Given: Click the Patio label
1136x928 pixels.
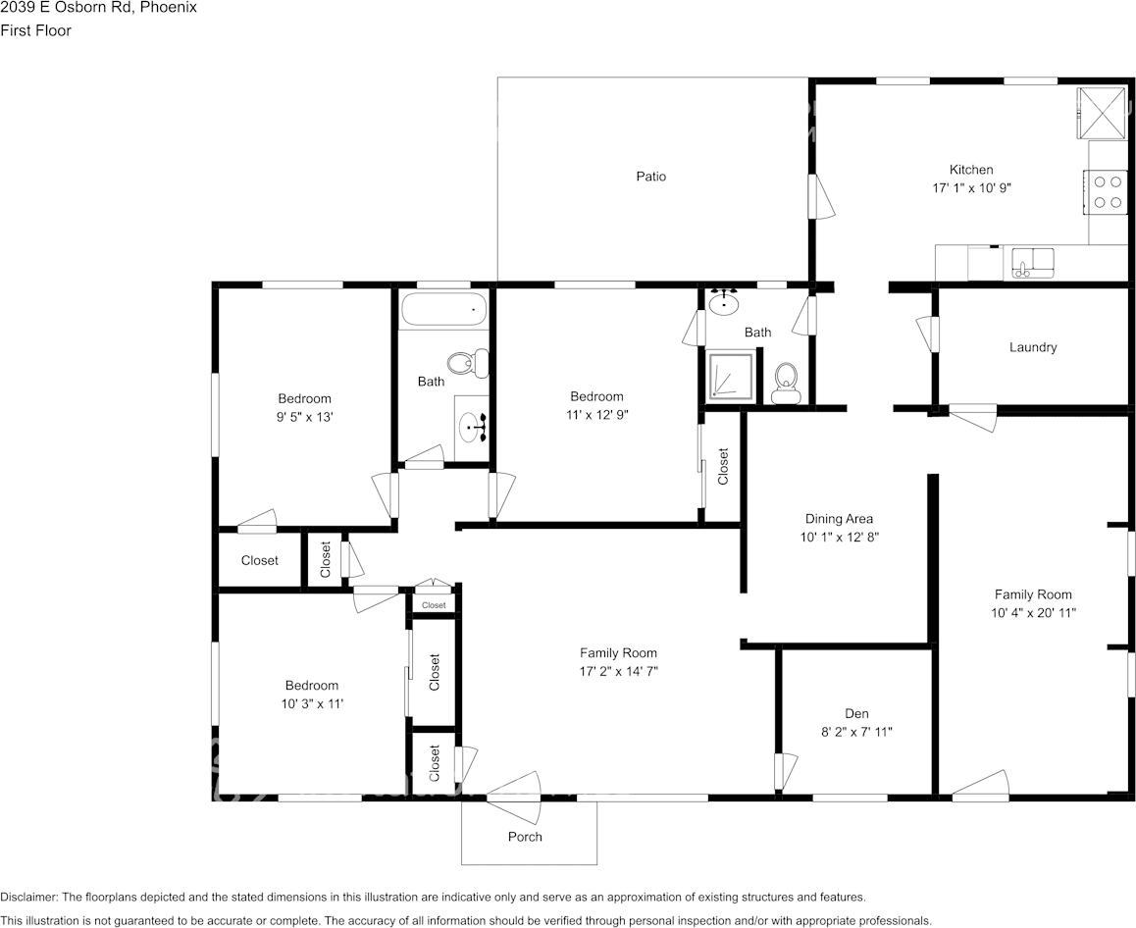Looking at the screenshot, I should click(x=650, y=177).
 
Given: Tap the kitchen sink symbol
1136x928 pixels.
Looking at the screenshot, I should click(x=1033, y=263).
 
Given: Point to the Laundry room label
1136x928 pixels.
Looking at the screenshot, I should click(x=1033, y=347).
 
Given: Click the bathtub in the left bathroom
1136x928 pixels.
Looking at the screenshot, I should click(x=443, y=309).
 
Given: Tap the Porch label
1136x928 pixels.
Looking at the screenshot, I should click(x=525, y=837).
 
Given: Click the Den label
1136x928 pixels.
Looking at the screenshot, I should click(x=856, y=713).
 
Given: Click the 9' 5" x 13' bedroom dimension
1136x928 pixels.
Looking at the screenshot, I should click(x=304, y=416).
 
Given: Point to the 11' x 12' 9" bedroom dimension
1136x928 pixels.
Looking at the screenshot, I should click(x=596, y=414).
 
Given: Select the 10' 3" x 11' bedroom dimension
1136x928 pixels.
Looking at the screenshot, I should click(x=311, y=703).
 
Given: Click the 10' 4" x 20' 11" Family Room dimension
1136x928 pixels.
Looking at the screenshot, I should click(x=1033, y=612).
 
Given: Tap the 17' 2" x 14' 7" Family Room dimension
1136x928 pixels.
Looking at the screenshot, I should click(x=618, y=671).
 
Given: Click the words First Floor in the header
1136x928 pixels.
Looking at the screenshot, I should click(x=35, y=30).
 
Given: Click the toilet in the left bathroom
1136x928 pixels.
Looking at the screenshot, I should click(x=468, y=363).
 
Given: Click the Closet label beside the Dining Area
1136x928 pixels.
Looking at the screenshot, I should click(x=723, y=467).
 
